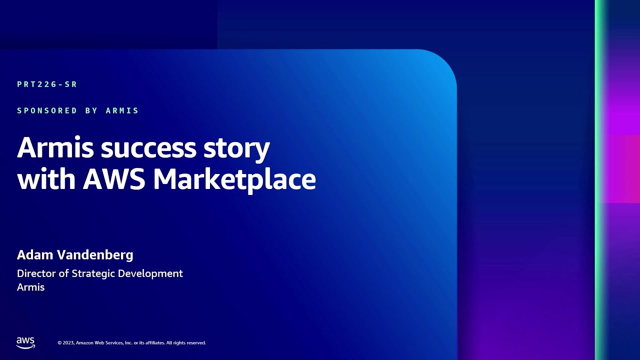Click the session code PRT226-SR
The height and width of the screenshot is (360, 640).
point(47,84)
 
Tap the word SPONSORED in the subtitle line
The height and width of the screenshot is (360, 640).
point(47,110)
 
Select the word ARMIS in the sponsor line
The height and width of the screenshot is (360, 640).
point(122,110)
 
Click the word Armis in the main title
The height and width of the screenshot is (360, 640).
point(55,148)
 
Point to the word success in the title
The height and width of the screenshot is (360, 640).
point(148,148)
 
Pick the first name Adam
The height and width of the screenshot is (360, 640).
point(34,255)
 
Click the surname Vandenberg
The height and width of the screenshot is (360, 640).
point(94,255)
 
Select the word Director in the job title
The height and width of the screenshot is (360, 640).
point(37,273)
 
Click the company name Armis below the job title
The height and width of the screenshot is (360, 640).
point(31,287)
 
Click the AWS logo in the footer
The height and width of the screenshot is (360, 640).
point(25,342)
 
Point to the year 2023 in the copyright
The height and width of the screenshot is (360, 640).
point(68,343)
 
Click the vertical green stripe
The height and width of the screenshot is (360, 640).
point(600,180)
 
